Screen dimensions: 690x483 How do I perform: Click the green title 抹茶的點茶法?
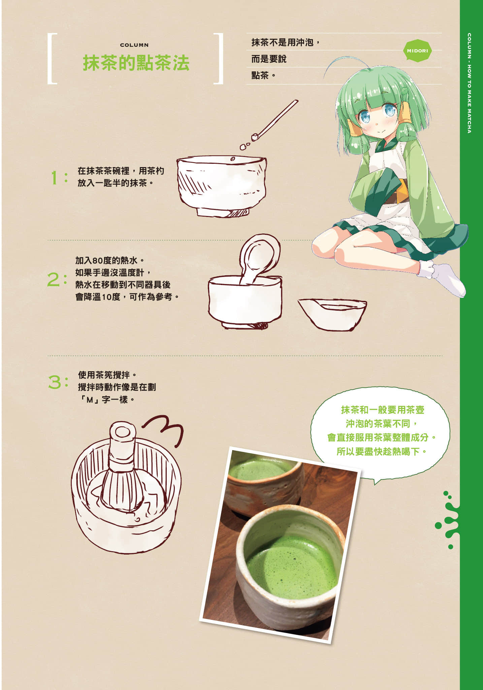tap(136, 63)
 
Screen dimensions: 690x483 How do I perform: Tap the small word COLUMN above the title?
tap(134, 45)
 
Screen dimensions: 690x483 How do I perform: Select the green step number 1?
tap(54, 178)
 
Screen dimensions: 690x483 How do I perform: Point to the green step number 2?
tap(54, 280)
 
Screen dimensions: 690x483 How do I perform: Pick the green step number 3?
tap(55, 382)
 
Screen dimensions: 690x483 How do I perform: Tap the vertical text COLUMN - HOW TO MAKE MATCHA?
tap(469, 83)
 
